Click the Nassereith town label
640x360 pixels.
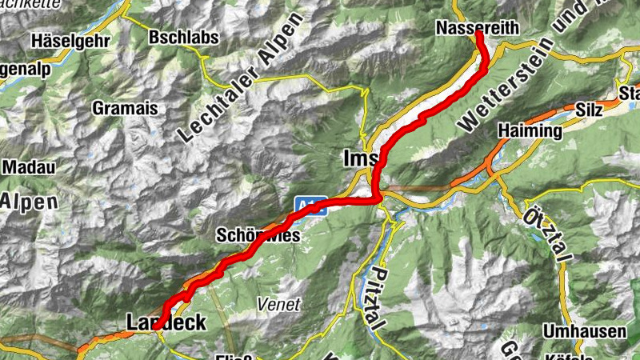[478, 28]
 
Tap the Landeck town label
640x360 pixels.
[166, 322]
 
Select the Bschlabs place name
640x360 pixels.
[181, 37]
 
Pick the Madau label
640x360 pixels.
[27, 167]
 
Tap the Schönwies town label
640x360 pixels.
[258, 236]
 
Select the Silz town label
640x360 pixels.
[589, 108]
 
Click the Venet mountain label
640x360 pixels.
[278, 304]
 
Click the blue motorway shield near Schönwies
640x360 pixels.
[307, 204]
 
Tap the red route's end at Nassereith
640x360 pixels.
[478, 34]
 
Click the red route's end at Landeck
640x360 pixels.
[154, 326]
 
